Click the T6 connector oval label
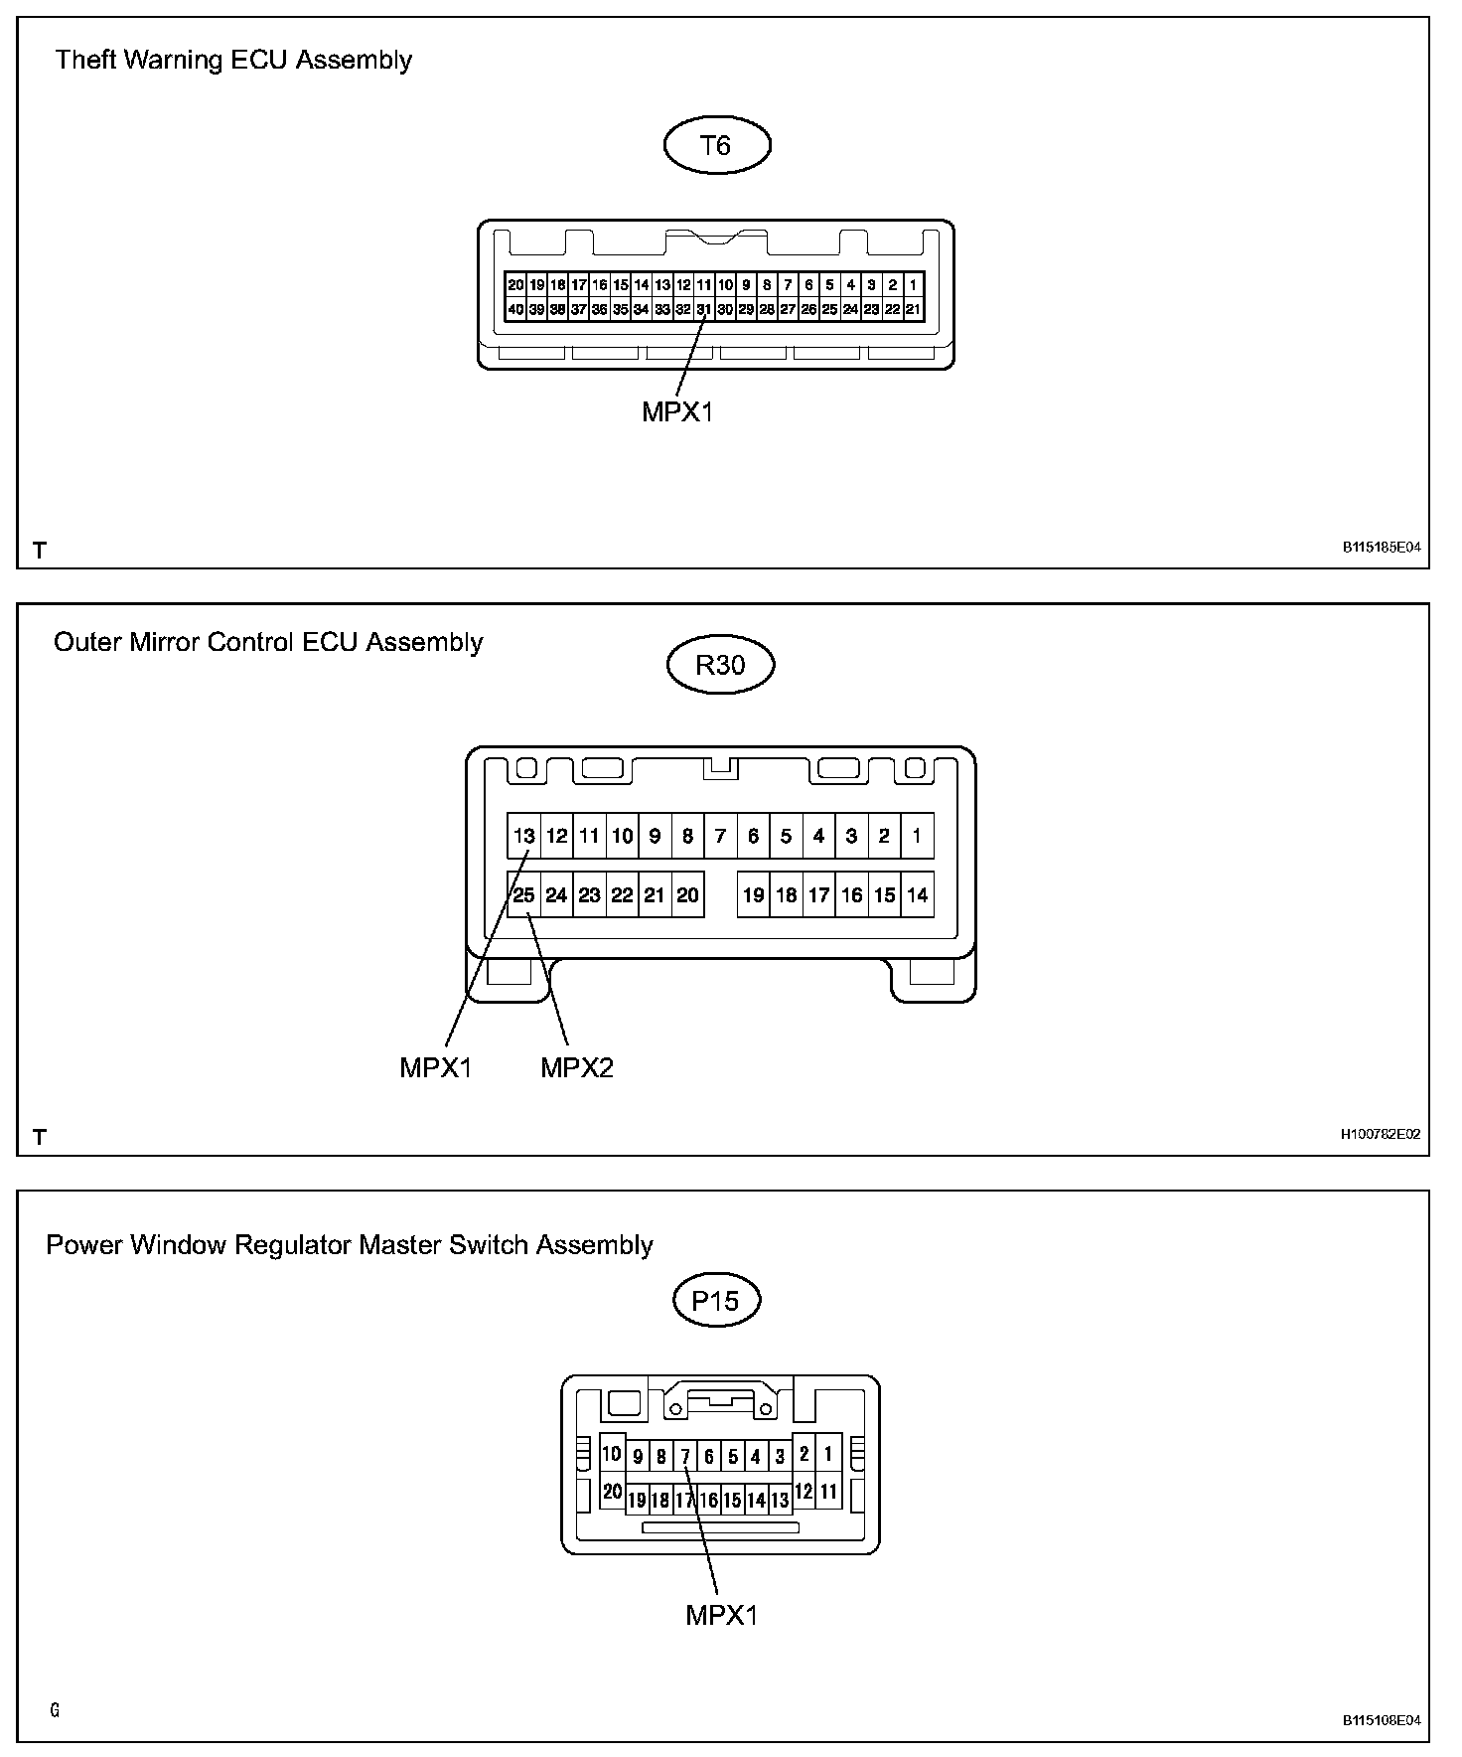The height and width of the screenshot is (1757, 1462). pos(716,146)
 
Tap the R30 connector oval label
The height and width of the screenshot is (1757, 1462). pos(720,664)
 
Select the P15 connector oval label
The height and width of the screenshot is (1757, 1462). pos(715,1300)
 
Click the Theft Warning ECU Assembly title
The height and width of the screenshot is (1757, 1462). pos(233,60)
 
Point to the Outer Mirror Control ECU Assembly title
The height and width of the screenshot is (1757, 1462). pos(268,642)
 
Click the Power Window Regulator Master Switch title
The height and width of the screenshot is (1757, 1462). pos(350,1245)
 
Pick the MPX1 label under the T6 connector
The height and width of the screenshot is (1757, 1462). pos(677,411)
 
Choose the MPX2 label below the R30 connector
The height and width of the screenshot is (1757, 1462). pos(577,1068)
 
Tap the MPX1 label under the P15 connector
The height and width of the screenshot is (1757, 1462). pos(722,1615)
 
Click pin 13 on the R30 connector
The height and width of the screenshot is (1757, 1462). pos(524,836)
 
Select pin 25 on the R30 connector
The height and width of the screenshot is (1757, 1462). pos(524,895)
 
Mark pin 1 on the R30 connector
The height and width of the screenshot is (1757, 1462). pos(917,836)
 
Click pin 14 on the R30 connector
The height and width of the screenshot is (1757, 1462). pos(917,895)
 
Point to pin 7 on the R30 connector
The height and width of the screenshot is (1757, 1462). pos(720,836)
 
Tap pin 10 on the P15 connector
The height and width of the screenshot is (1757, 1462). pos(612,1454)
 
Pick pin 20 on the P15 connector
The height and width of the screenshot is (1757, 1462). pos(612,1492)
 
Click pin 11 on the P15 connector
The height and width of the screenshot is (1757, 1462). pos(828,1492)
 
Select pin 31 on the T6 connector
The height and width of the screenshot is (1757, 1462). pos(704,309)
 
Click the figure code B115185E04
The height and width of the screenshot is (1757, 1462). pos(1382,548)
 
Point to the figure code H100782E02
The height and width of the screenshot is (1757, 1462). pos(1381,1134)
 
